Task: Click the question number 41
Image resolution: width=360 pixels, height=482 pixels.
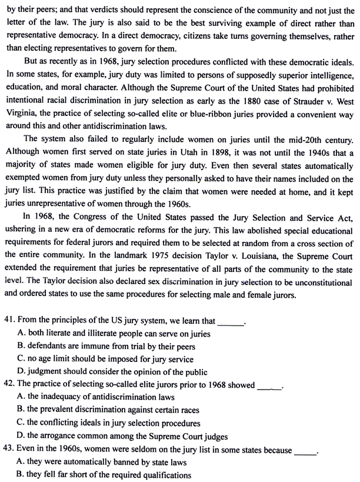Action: [9, 321]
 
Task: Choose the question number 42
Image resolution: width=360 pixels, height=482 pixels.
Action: [9, 385]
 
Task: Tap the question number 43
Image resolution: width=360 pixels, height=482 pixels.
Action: [9, 450]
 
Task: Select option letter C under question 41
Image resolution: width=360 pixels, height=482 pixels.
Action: [22, 359]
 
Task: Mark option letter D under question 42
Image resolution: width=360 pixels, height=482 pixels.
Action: [22, 436]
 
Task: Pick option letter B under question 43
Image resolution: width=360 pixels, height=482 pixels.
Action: [22, 475]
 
